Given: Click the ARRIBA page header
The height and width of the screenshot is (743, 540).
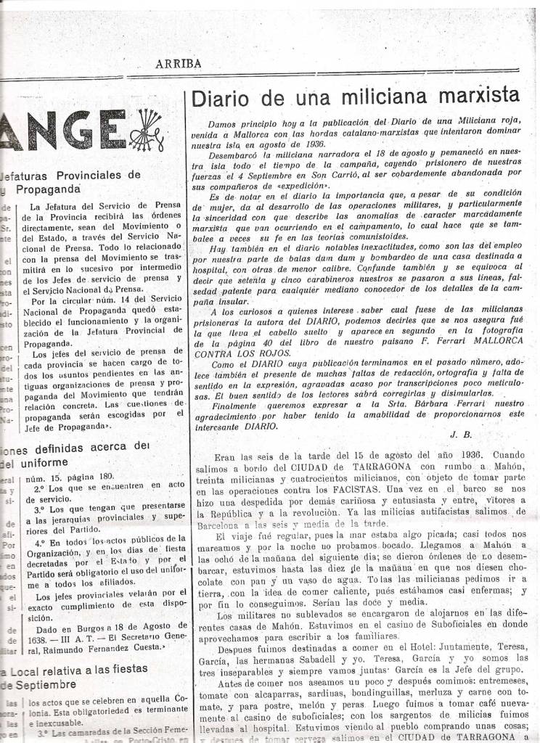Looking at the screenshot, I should [x=178, y=64].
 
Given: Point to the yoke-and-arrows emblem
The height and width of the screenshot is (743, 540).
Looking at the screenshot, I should [x=147, y=131].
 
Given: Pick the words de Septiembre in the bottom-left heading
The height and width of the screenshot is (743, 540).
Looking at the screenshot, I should [x=41, y=684].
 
